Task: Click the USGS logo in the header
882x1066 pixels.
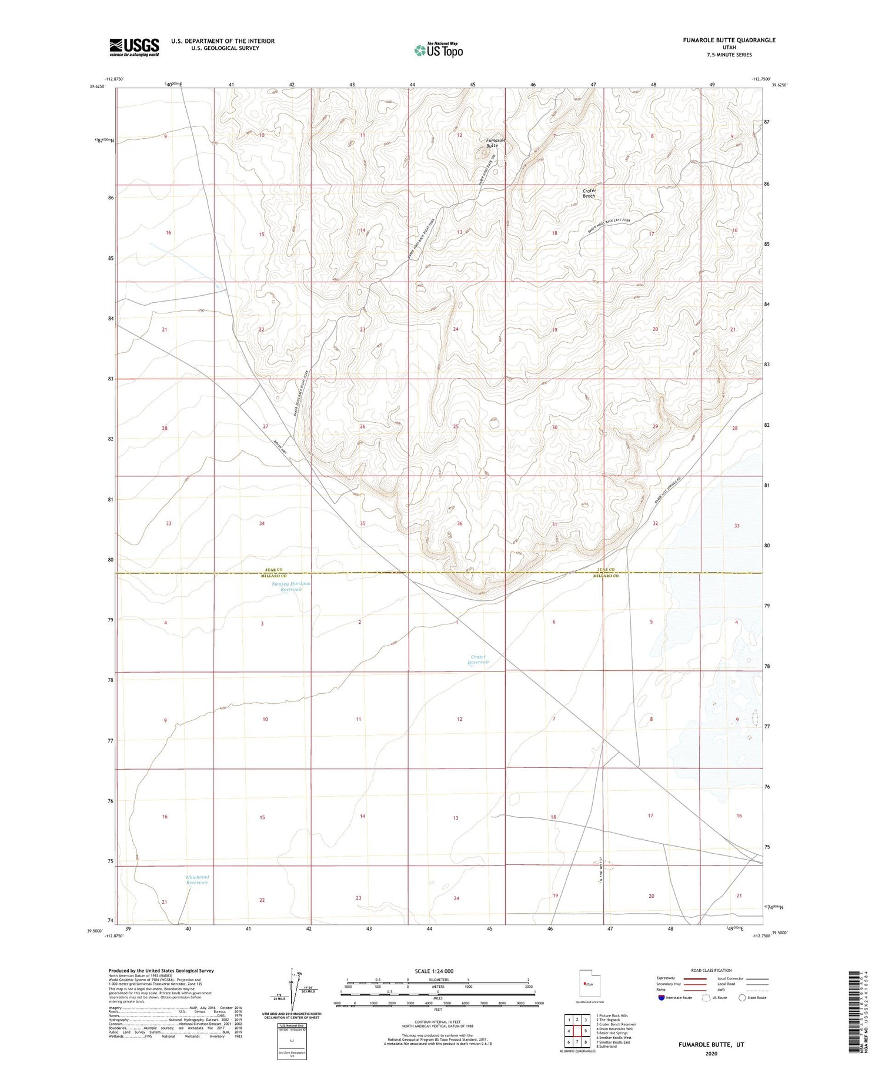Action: point(134,47)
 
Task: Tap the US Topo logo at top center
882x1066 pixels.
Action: point(439,51)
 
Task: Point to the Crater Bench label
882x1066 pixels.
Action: point(589,193)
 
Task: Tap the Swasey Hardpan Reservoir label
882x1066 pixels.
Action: point(291,586)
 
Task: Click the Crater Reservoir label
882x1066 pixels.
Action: point(479,659)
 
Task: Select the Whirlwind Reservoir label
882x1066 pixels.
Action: point(197,880)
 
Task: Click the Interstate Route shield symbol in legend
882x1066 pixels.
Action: point(661,998)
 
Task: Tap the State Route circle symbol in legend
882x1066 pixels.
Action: point(742,998)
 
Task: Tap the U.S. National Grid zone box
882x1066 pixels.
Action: point(291,1041)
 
